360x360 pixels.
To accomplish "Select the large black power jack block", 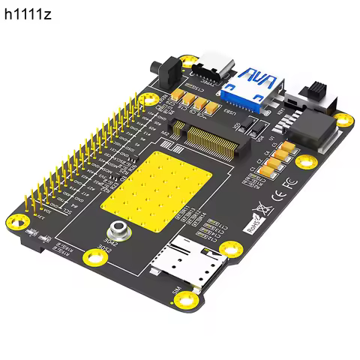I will click(310, 130).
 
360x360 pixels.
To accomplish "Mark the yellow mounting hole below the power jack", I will click(343, 118).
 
